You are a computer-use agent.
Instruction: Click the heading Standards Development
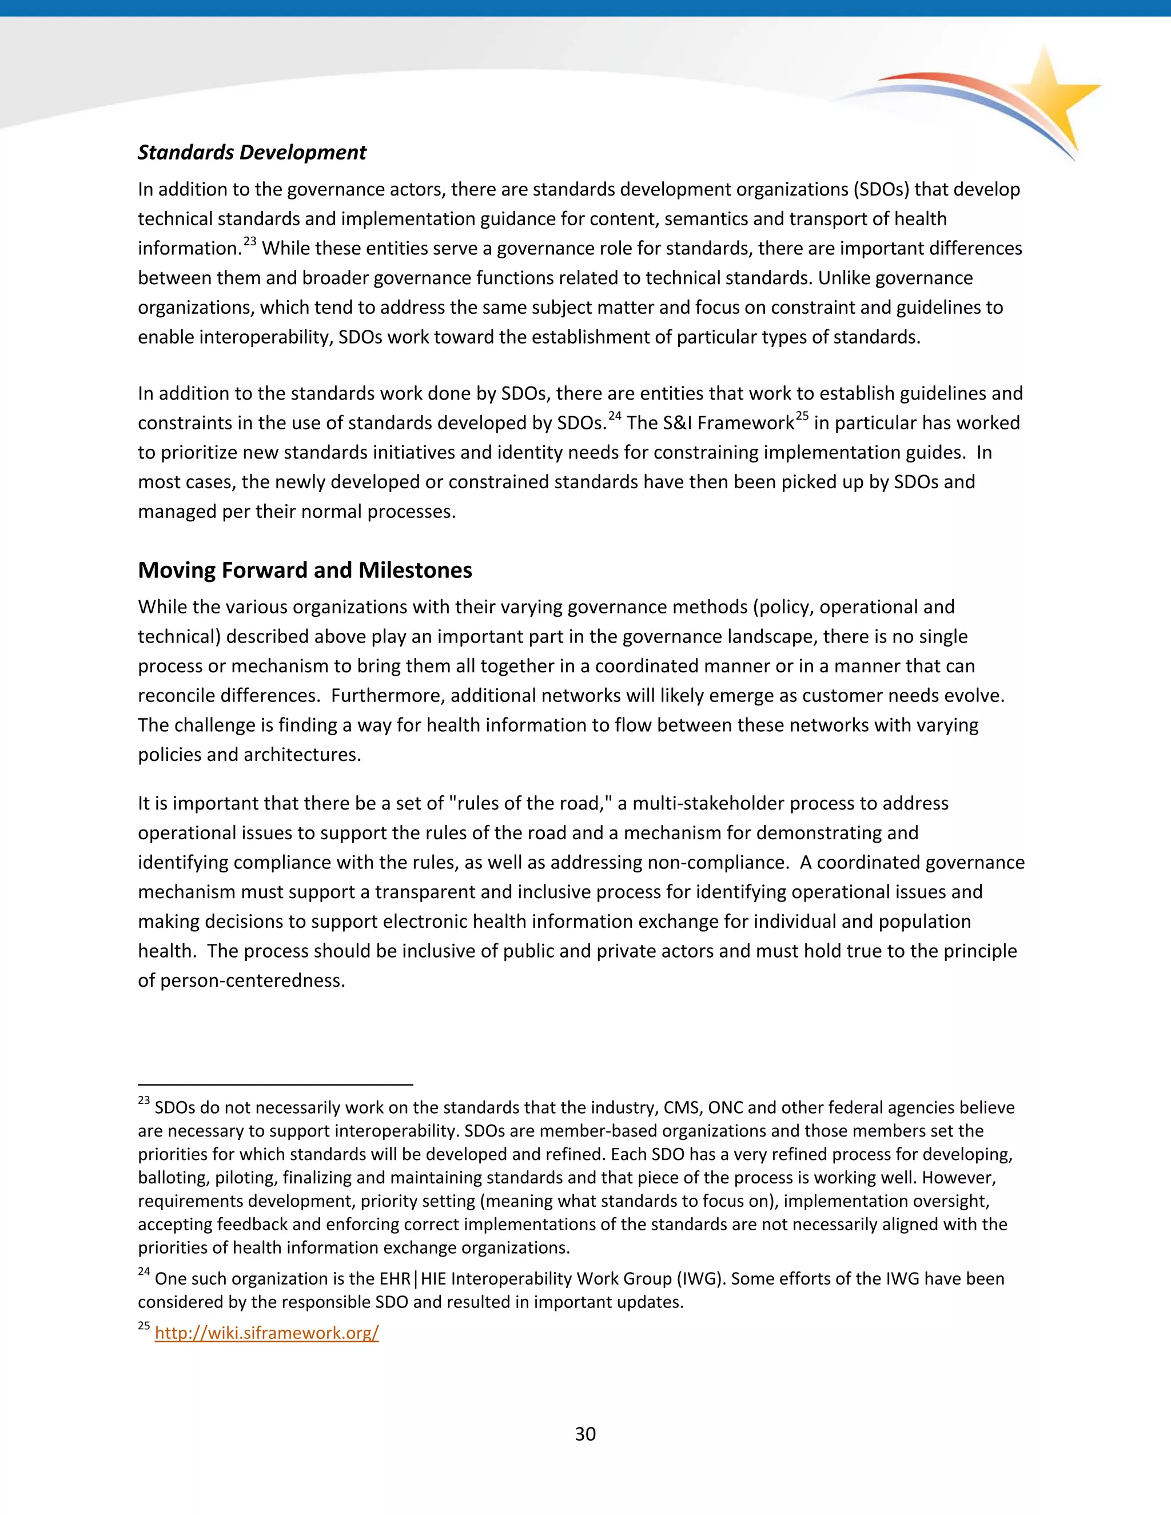pyautogui.click(x=252, y=153)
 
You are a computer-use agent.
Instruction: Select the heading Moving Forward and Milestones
pyautogui.click(x=305, y=570)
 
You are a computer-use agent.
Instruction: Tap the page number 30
pyautogui.click(x=585, y=1434)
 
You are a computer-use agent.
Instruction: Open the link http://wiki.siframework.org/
pyautogui.click(x=266, y=1333)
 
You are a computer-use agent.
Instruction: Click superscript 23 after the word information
pyautogui.click(x=250, y=241)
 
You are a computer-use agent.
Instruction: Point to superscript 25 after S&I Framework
pyautogui.click(x=802, y=416)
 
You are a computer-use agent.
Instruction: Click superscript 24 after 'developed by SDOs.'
pyautogui.click(x=615, y=416)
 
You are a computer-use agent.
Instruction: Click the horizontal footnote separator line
pyautogui.click(x=276, y=1084)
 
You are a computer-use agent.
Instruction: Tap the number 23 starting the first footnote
pyautogui.click(x=144, y=1101)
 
